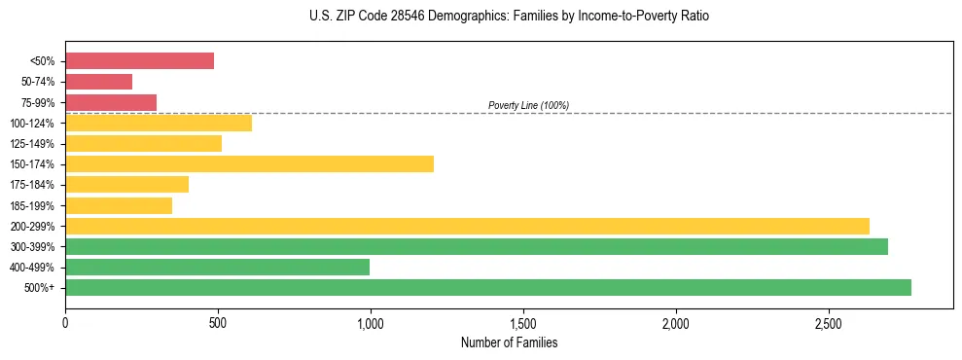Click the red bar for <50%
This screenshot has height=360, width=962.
139,61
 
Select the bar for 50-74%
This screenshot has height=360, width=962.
98,82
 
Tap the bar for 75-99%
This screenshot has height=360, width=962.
111,102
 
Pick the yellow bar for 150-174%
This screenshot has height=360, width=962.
249,163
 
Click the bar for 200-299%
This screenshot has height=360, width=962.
467,226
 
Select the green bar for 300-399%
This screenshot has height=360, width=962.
477,246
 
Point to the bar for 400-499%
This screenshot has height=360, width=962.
217,267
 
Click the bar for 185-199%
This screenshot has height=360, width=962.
119,205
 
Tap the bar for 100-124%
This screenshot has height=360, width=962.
159,123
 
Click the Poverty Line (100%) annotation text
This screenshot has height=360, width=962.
528,105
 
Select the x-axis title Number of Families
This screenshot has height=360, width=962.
509,342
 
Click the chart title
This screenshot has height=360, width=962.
509,17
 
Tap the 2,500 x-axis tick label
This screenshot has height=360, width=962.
829,322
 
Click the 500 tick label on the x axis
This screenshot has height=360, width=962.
218,322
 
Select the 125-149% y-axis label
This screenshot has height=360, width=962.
32,144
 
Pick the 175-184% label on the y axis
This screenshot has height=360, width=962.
32,185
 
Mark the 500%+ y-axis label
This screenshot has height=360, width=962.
39,288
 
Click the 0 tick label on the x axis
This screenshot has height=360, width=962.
65,322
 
